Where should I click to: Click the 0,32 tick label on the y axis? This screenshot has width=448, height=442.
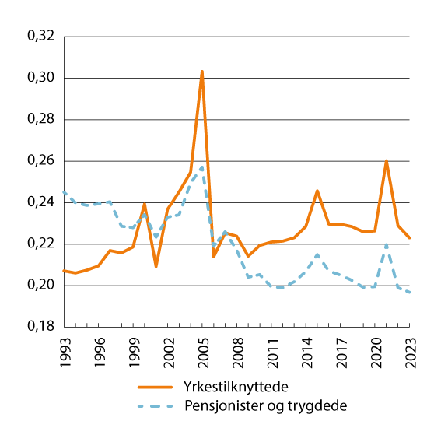[x=40, y=37]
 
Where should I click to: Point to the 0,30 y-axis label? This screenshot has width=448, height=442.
[x=40, y=78]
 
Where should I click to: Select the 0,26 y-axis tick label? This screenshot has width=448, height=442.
[x=40, y=161]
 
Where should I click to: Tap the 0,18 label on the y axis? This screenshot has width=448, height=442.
[x=40, y=327]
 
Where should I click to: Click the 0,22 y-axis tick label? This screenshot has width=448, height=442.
[x=40, y=244]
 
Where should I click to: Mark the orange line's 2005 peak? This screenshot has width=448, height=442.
[x=202, y=71]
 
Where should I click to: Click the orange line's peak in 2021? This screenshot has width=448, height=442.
[x=387, y=161]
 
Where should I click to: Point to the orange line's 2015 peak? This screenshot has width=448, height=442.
[x=317, y=190]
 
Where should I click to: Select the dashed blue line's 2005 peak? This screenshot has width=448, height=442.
[x=202, y=167]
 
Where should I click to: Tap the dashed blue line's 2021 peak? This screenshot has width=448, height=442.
[x=387, y=244]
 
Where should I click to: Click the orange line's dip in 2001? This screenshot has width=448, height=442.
[x=156, y=267]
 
